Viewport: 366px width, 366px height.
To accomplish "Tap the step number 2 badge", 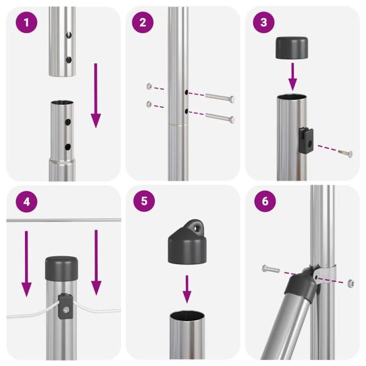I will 143,23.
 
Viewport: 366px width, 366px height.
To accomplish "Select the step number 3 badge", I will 263,23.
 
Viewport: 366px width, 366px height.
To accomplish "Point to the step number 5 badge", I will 143,202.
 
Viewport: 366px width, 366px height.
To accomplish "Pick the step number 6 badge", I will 263,202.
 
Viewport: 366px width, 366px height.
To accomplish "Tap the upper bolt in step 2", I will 220,96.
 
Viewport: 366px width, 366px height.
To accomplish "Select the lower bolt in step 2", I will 220,117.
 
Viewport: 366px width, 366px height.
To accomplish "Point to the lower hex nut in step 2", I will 149,104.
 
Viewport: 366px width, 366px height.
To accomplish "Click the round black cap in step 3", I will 292,48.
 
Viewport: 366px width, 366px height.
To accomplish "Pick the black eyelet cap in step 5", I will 187,245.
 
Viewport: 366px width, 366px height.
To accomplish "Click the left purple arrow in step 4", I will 26,262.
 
